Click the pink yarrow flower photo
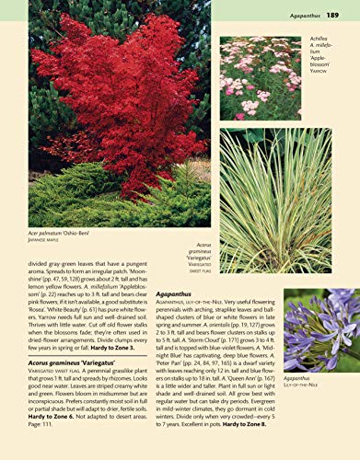coord(260,78)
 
